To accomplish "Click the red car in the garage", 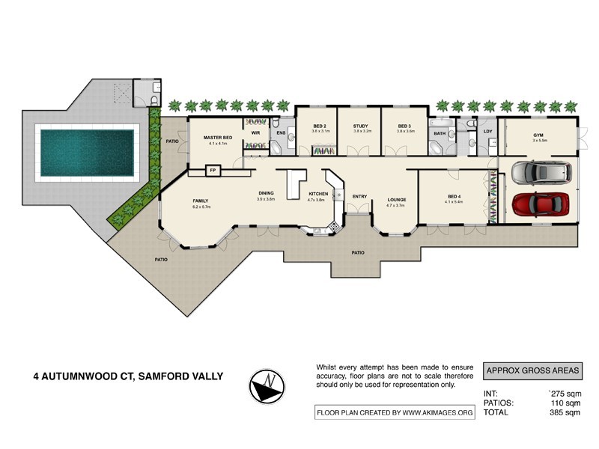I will pos(539,204).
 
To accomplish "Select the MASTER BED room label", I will pos(216,138).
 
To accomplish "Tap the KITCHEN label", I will pos(317,195).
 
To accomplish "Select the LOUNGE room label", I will pos(395,200).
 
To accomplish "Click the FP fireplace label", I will pos(213,171).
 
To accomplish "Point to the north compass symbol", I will pos(267,385).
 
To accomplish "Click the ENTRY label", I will pos(359,197).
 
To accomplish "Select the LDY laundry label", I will pos(488,132).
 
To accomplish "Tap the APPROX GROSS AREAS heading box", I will pos(532,370).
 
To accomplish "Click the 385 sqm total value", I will pos(565,412).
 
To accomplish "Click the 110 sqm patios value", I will pos(565,402).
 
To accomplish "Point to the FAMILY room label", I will pos(200,201).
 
